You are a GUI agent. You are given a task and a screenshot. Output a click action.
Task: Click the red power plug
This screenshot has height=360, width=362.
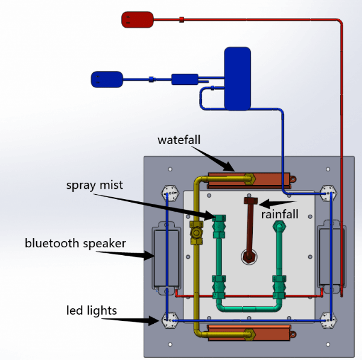[138, 20]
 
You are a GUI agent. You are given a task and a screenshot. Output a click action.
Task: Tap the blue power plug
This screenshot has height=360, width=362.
[107, 80]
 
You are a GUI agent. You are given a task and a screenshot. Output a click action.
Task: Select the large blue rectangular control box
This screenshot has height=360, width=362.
[238, 78]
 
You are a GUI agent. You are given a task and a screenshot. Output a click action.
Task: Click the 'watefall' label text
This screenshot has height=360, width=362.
[179, 140]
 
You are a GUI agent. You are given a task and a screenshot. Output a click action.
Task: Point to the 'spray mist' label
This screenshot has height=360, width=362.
[95, 185]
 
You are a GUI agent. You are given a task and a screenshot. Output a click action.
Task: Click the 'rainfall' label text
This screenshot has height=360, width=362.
[279, 215]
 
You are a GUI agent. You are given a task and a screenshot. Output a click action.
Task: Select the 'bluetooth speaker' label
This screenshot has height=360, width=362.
[75, 244]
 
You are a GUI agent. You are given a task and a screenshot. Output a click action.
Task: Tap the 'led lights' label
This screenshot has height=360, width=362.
[92, 311]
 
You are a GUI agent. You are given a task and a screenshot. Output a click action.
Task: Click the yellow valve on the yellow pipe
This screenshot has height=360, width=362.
[196, 233]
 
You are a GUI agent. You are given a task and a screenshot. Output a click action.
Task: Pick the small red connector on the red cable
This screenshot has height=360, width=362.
[182, 20]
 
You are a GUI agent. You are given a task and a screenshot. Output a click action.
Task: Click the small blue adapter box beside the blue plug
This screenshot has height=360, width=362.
[185, 80]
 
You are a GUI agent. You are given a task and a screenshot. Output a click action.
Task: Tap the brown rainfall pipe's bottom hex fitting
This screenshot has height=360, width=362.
[249, 257]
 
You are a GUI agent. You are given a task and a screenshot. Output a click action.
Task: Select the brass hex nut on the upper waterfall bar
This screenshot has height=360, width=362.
[249, 179]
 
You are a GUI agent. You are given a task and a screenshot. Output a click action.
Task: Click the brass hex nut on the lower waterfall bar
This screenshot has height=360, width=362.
[250, 335]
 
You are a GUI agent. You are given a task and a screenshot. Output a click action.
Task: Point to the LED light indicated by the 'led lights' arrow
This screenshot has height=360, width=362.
[170, 320]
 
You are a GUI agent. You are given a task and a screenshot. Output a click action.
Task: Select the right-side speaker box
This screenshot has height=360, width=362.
[331, 256]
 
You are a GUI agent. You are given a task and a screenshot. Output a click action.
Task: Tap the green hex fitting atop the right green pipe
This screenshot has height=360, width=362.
[279, 227]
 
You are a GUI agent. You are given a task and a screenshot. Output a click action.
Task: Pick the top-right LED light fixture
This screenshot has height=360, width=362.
[328, 194]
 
